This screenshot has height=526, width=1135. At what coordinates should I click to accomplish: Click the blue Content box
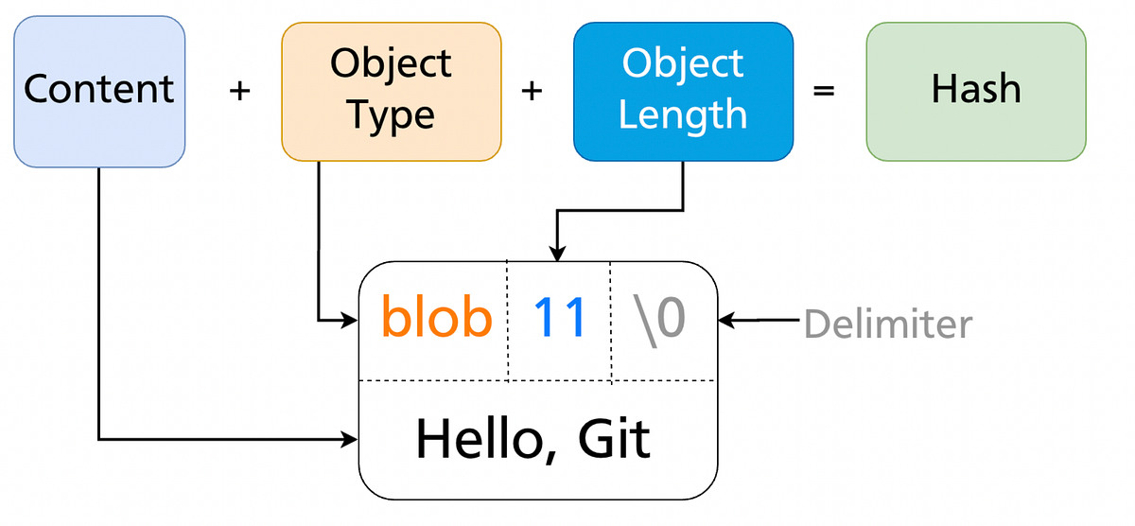coord(98,91)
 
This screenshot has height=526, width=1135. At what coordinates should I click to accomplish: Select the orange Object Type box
coord(391,91)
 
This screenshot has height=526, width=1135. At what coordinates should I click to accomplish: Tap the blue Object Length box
coord(683,91)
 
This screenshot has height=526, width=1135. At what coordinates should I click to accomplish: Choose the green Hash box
coord(975,91)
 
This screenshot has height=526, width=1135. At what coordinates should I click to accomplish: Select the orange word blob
coord(437,318)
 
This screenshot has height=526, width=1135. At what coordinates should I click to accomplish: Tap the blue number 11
coord(561,318)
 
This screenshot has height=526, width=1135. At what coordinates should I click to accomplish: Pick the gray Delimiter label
coord(887,324)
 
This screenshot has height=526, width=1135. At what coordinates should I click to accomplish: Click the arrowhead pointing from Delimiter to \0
coord(726,321)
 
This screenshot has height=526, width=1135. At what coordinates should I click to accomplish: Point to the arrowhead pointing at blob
coord(351,322)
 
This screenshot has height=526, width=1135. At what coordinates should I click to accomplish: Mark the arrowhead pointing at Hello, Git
coord(351,439)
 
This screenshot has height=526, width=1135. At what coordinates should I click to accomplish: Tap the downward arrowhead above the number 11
coord(558,254)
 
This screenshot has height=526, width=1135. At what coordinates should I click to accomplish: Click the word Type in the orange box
coord(391,114)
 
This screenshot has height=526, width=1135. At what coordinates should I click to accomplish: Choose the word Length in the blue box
coord(683,114)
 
